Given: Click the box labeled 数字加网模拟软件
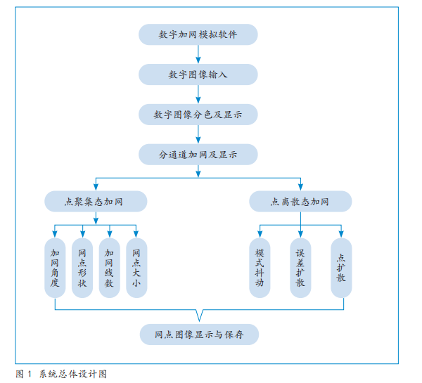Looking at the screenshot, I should click(198, 34).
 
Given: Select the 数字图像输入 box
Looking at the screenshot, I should click(198, 74).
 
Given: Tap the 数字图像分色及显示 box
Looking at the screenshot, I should click(198, 114).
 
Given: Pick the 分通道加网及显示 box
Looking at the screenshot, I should click(198, 154).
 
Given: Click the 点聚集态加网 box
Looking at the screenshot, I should click(95, 202).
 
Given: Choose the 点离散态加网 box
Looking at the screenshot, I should click(300, 202).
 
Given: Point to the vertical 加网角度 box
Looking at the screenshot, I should click(55, 268).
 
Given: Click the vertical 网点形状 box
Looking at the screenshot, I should click(82, 268).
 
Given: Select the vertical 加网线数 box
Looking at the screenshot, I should click(109, 268).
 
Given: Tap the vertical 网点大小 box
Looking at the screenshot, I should click(136, 268).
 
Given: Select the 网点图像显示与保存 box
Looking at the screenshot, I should click(198, 335).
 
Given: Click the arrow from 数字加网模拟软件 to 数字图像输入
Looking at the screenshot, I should click(198, 54).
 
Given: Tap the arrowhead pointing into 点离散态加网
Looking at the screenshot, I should click(300, 188).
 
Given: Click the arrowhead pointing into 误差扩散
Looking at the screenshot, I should click(300, 235).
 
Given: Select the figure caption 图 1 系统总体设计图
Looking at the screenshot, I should click(61, 374).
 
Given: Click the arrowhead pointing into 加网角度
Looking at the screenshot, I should click(55, 235).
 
